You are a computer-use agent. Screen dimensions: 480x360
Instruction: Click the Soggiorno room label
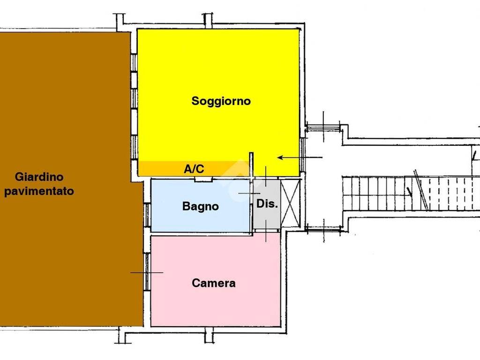221,101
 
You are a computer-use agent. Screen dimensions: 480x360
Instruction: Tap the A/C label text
194,169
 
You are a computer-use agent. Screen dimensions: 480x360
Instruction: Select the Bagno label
201,206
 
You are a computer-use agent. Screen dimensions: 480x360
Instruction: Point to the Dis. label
267,203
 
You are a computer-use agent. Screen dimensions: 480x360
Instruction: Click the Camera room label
214,283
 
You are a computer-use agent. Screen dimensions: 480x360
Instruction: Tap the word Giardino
39,177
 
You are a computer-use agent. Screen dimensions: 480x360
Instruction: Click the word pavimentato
39,191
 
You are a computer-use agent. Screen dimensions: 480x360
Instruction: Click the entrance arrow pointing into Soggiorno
300,157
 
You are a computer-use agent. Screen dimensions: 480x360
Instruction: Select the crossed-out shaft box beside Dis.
290,203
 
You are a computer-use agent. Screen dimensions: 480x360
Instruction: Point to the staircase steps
411,194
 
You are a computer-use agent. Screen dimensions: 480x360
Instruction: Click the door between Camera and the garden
147,272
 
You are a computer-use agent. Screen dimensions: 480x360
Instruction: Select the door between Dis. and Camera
266,231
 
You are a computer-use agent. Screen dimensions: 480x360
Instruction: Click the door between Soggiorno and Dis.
266,177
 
